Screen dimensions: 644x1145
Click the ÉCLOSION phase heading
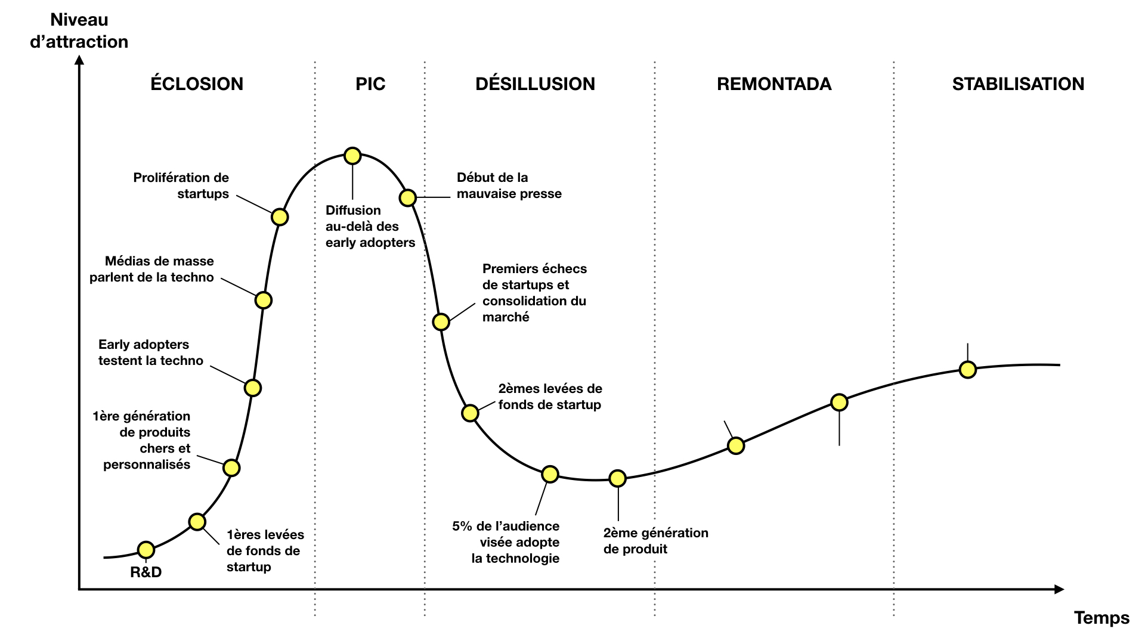point(197,83)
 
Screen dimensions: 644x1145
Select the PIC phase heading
point(370,83)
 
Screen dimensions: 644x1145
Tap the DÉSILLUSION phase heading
point(535,83)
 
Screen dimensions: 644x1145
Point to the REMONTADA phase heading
point(774,83)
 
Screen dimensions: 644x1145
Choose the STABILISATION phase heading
point(1018,83)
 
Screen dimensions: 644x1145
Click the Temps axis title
point(1101,618)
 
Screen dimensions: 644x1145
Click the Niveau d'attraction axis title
point(79,31)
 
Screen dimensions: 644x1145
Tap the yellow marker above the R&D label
point(146,550)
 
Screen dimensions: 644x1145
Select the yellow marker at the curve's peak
point(352,156)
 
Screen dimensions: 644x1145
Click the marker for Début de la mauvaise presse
point(407,197)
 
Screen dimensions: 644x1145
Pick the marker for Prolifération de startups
point(280,217)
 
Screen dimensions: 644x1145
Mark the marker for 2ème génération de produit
point(618,478)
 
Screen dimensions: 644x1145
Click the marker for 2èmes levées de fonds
point(470,413)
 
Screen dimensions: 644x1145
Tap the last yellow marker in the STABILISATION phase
point(968,370)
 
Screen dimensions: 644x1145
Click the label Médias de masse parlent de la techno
point(152,269)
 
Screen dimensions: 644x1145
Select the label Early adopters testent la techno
point(151,352)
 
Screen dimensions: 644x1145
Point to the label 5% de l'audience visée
point(506,542)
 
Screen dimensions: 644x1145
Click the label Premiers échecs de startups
point(534,293)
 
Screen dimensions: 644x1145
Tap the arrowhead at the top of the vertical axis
point(79,60)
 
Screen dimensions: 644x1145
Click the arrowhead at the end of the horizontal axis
point(1059,589)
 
